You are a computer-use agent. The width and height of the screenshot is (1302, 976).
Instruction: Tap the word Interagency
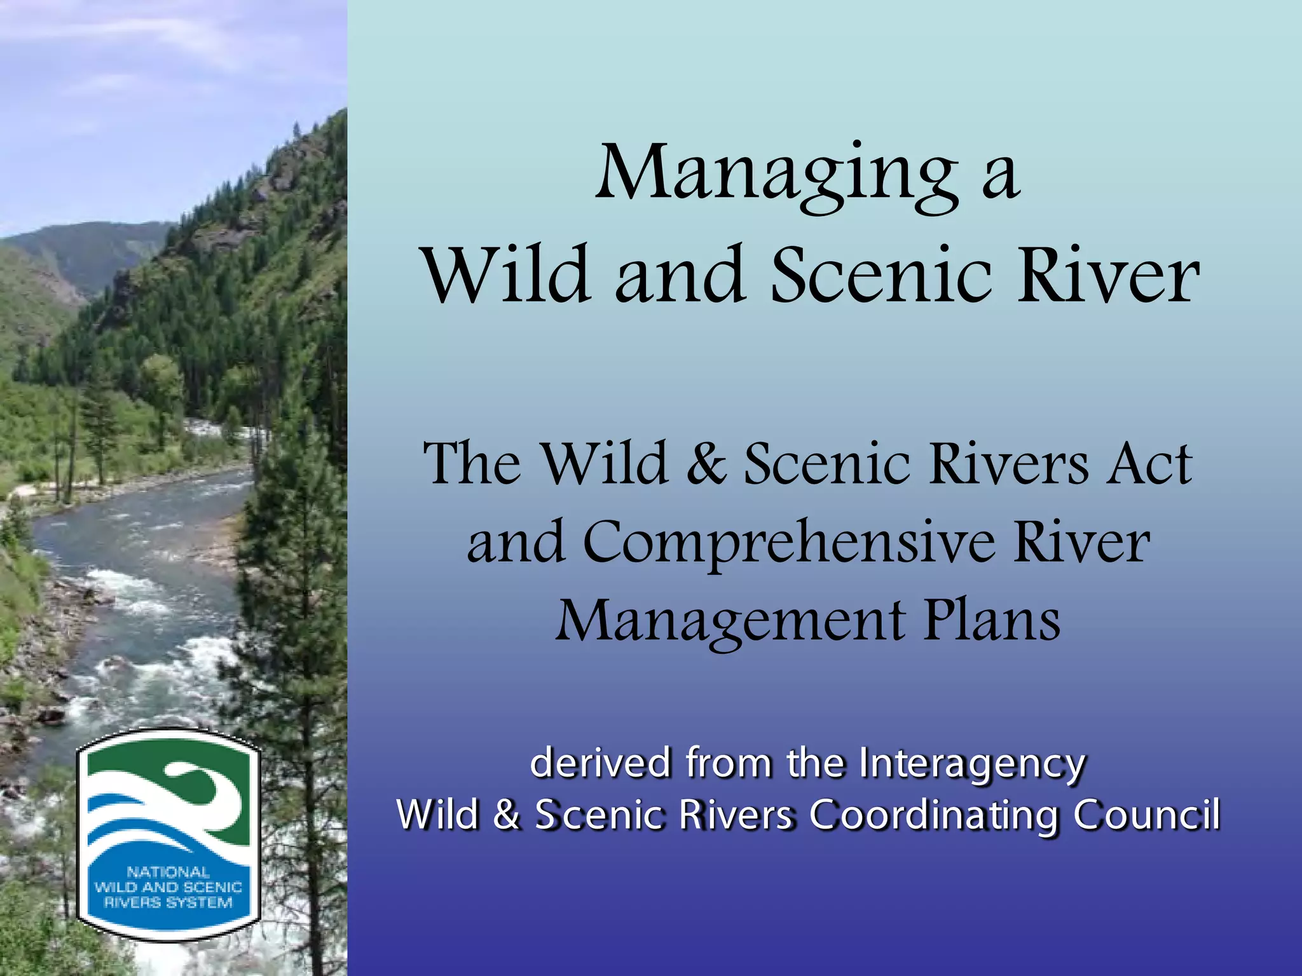pyautogui.click(x=972, y=764)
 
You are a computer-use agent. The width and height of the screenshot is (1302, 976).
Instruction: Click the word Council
pyautogui.click(x=1147, y=815)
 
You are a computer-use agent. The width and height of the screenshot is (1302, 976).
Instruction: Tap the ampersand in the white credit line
pyautogui.click(x=506, y=815)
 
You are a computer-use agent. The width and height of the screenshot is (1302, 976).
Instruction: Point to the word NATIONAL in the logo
pyautogui.click(x=168, y=872)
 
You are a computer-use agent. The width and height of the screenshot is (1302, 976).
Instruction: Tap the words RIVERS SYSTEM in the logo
pyautogui.click(x=168, y=902)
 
